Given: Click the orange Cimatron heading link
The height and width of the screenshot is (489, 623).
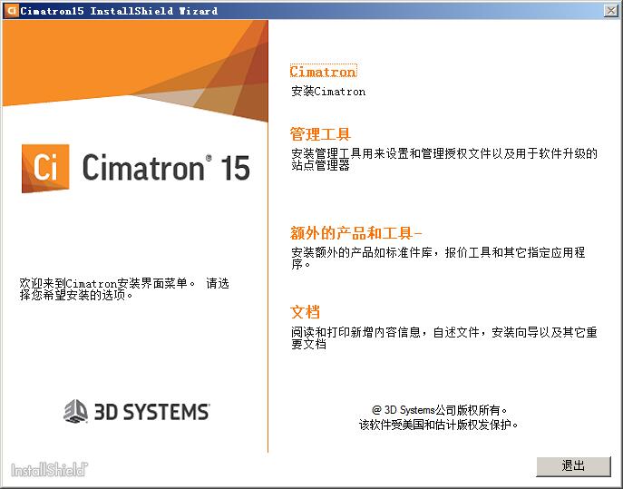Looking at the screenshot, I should point(323,72).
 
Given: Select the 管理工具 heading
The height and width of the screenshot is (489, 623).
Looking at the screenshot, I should point(320,134).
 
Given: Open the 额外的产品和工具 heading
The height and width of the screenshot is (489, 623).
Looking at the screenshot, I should point(356,232).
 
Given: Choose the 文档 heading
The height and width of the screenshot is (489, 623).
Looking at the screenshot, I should point(306,312).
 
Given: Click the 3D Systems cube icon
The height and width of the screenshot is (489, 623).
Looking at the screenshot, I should point(75,412).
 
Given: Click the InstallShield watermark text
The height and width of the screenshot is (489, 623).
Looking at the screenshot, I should point(49,470).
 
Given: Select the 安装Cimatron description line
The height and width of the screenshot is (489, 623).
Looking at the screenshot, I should point(328,92).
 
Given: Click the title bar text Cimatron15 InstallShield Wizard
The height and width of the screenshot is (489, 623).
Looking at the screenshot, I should point(119,11).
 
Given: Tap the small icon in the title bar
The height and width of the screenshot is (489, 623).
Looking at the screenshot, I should point(10,10).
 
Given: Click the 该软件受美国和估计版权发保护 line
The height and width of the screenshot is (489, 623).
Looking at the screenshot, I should point(438,424).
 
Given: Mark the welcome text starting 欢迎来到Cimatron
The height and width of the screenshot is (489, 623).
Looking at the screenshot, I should point(123,289).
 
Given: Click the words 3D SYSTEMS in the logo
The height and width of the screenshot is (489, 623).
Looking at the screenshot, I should point(151,412).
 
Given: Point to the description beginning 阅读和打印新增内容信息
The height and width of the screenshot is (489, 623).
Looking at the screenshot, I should point(443,338).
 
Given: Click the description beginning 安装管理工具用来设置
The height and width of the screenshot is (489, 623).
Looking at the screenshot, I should point(443,160).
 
